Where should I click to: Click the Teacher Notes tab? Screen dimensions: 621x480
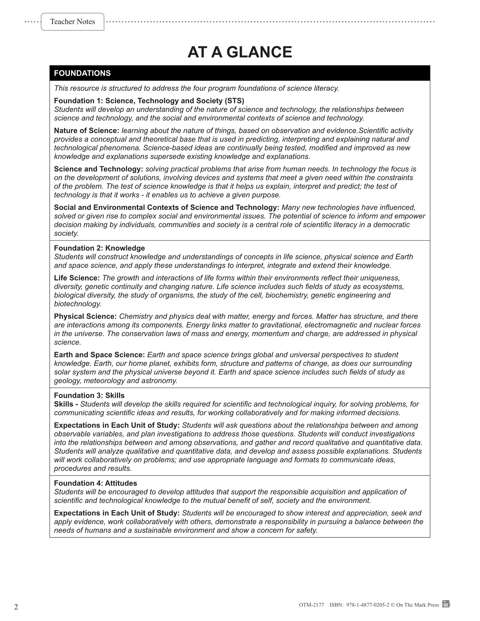pos(72,22)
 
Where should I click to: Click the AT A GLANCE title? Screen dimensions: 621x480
pos(240,52)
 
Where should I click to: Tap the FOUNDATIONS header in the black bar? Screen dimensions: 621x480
pos(82,73)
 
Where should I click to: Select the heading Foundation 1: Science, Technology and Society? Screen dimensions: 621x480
pos(149,101)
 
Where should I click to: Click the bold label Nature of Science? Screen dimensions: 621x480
pos(86,131)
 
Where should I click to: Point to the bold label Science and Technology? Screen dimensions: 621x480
pos(98,169)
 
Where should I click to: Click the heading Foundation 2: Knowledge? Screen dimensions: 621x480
pos(99,248)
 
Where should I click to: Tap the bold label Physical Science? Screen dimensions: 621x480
pos(85,316)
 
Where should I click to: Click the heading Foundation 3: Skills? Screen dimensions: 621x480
pos(89,396)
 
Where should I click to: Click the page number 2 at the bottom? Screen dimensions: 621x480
pos(16,607)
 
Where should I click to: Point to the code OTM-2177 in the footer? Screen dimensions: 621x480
pos(311,605)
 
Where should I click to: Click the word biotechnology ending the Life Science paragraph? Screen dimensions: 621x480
pos(77,304)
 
